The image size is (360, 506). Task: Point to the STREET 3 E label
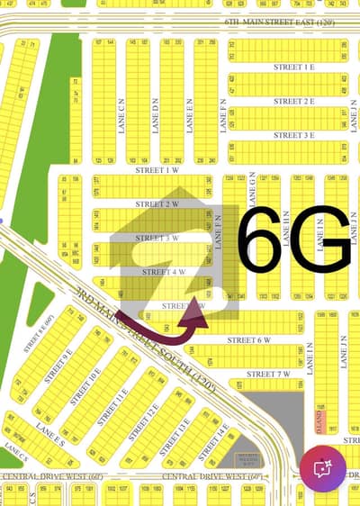click(x=295, y=134)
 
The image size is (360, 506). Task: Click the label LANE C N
click(x=121, y=115)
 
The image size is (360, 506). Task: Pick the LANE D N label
click(x=155, y=115)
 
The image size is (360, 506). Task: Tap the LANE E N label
click(x=189, y=115)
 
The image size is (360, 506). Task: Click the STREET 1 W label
click(x=154, y=168)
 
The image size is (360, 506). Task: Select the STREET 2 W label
click(x=154, y=203)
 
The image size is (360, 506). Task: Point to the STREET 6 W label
click(x=248, y=339)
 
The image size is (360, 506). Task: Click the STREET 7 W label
click(x=268, y=373)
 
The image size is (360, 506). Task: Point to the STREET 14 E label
click(x=214, y=441)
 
